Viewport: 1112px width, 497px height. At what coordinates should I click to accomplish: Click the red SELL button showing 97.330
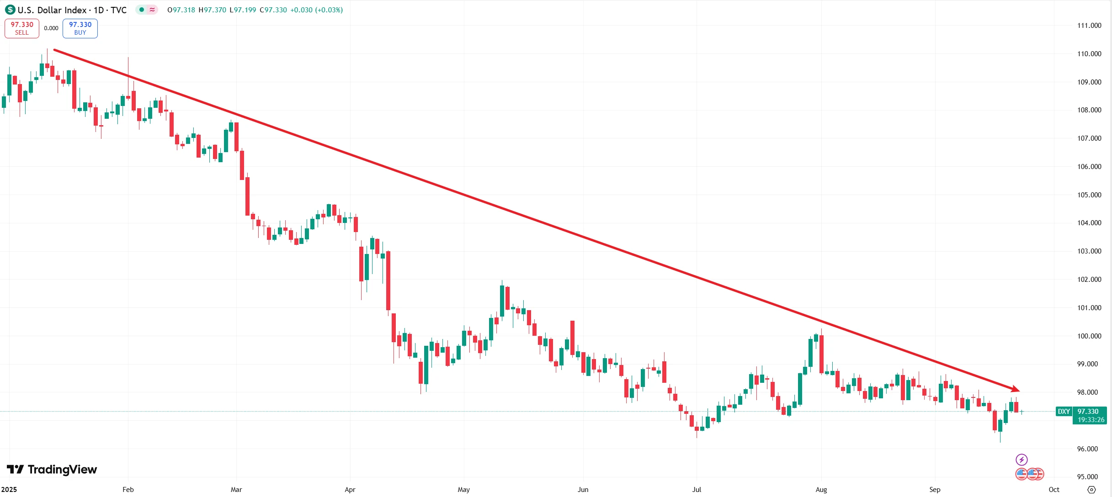pos(22,28)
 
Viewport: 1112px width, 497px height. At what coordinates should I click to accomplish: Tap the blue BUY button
pos(80,28)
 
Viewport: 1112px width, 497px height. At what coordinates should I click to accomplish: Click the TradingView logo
pos(52,469)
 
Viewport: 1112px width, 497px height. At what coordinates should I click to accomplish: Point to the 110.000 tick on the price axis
pos(1089,53)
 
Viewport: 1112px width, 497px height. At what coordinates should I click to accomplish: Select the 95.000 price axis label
pos(1087,476)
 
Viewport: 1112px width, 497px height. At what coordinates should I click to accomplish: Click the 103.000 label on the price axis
pos(1089,251)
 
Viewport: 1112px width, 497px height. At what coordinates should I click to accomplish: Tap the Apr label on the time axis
pos(350,489)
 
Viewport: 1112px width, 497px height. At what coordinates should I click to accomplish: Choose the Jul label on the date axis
pos(696,489)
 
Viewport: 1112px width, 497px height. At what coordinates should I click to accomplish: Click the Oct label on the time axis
pos(1053,489)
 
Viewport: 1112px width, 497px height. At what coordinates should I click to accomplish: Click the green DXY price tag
pos(1064,411)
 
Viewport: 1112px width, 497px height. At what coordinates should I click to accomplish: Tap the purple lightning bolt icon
pos(1022,459)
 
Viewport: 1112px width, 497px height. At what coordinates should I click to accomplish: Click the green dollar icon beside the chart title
pos(10,10)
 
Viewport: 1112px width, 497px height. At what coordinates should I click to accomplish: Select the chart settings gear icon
pos(1091,489)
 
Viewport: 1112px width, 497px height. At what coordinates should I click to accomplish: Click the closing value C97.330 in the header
pos(273,10)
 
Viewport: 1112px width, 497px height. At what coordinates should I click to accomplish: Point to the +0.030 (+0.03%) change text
pos(316,10)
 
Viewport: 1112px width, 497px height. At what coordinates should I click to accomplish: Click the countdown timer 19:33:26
pos(1091,419)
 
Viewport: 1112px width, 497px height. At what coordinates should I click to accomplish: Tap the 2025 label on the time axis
pos(9,489)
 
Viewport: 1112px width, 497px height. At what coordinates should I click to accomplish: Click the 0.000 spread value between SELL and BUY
pos(51,28)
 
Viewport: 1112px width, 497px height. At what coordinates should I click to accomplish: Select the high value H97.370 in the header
pos(212,10)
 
